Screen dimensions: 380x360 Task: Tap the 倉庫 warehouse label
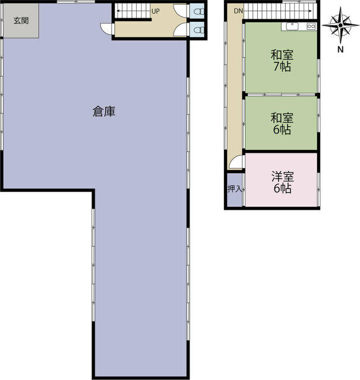[x=103, y=111]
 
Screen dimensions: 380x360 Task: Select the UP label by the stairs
[x=155, y=11]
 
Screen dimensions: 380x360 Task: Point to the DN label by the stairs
[x=238, y=11]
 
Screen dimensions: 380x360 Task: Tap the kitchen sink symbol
[x=292, y=26]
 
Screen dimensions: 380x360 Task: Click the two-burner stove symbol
[x=311, y=26]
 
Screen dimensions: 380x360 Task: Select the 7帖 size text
[x=282, y=67]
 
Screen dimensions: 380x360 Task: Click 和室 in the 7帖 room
[x=282, y=55]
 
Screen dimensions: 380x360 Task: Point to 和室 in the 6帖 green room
[x=282, y=118]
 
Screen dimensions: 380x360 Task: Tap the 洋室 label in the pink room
[x=282, y=177]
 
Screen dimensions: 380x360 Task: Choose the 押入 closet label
[x=234, y=189]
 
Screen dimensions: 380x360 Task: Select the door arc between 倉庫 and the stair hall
[x=107, y=30]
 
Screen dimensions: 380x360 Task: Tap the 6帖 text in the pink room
[x=282, y=189]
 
